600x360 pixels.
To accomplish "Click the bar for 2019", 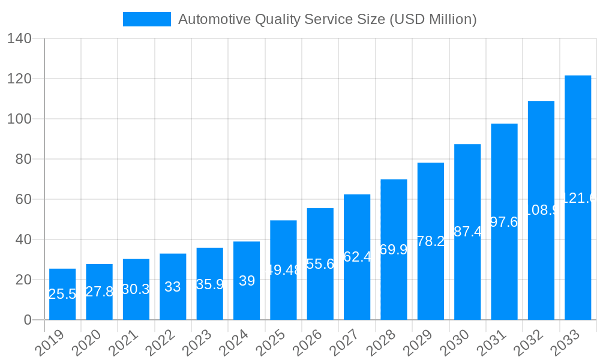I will coord(62,294).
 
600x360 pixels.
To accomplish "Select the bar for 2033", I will coord(578,197).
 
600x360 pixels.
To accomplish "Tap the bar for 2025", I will coord(283,270).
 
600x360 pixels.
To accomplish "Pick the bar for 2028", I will coord(394,250).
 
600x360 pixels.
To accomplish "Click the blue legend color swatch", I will coord(146,19).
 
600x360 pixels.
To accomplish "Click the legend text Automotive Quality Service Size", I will coord(327,19).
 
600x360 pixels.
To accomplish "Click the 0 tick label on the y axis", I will coord(28,320).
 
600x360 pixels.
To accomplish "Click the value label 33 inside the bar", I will coord(173,287).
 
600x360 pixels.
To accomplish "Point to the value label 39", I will coord(247,281).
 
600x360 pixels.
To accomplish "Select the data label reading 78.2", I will coord(431,241).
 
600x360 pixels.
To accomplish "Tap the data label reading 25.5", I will coord(62,294).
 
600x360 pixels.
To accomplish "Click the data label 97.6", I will coord(504,222).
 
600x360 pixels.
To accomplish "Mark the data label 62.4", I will coord(357,257).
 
